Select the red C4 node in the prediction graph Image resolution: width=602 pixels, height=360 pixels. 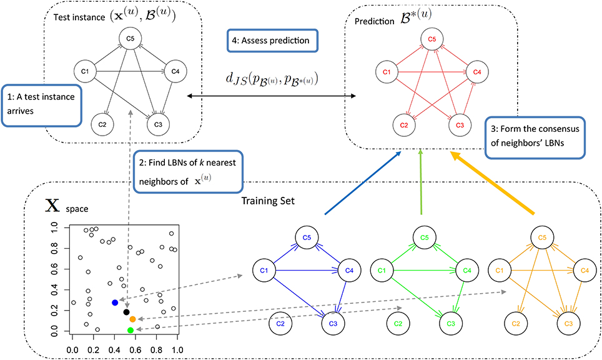pyautogui.click(x=476, y=71)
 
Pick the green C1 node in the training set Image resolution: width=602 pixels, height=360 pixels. pyautogui.click(x=380, y=271)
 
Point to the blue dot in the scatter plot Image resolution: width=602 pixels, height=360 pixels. pyautogui.click(x=115, y=302)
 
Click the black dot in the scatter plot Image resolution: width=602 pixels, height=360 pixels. pyautogui.click(x=127, y=312)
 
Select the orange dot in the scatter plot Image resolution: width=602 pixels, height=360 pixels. pyautogui.click(x=132, y=319)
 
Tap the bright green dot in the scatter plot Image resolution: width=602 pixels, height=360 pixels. pyautogui.click(x=130, y=329)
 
